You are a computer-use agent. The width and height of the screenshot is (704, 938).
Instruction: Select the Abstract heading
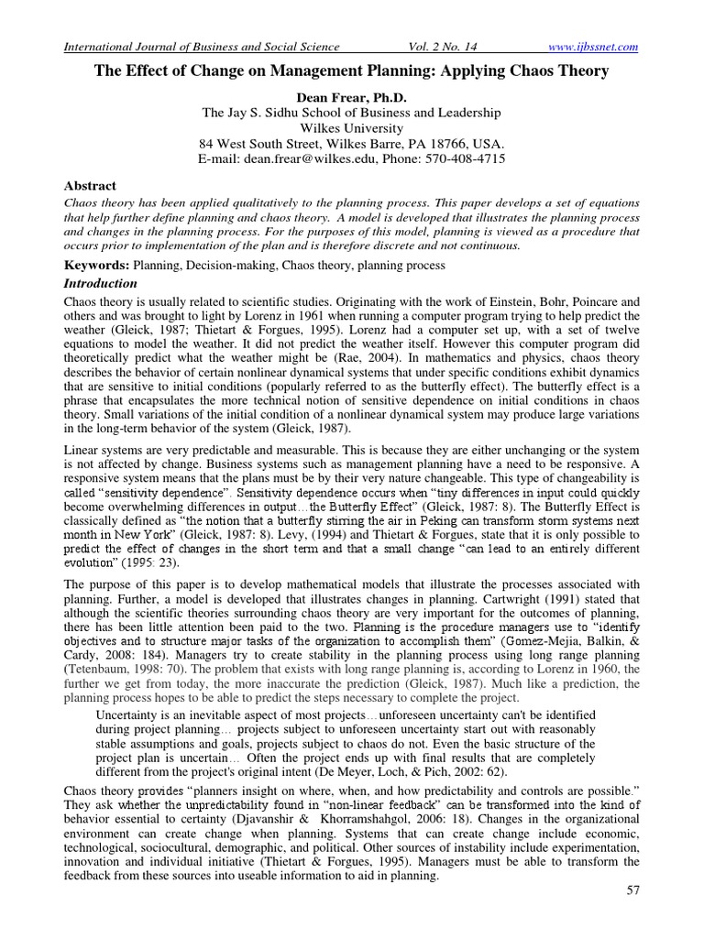point(90,183)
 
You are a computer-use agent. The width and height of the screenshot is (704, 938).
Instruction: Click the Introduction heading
point(101,283)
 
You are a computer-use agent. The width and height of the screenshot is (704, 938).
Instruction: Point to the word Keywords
point(96,265)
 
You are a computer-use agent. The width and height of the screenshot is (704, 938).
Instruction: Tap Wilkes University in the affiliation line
point(351,128)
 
